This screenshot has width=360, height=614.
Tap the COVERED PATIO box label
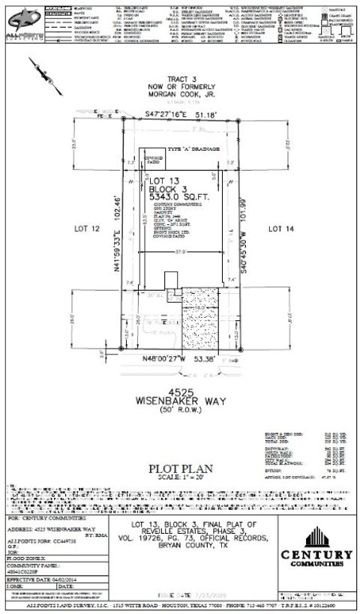pos(154,160)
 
